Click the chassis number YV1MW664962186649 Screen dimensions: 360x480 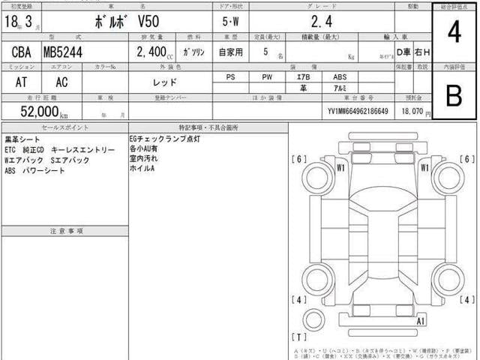coord(358,111)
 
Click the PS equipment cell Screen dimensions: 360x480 coord(230,76)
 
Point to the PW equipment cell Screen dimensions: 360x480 coord(268,76)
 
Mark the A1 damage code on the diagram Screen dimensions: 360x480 coord(422,321)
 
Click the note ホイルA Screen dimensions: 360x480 coord(142,169)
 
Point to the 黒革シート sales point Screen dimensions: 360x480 coord(23,139)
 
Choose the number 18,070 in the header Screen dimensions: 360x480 coord(417,111)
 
